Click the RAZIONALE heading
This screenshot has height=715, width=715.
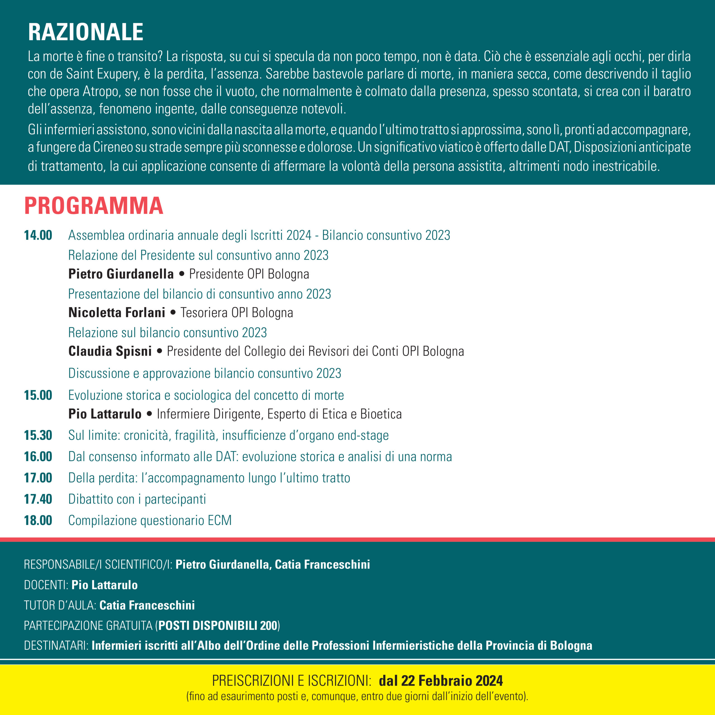pyautogui.click(x=85, y=32)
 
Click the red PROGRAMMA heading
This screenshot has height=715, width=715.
pyautogui.click(x=94, y=206)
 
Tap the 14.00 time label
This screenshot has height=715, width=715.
pyautogui.click(x=38, y=235)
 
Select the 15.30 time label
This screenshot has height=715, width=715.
pyautogui.click(x=38, y=435)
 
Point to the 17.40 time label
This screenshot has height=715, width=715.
pyautogui.click(x=38, y=499)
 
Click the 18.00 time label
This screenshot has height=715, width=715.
pyautogui.click(x=38, y=520)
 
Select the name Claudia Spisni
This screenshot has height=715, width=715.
pyautogui.click(x=110, y=351)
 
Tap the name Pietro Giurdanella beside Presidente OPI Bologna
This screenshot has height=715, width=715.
pyautogui.click(x=121, y=274)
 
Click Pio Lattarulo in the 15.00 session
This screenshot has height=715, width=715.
pyautogui.click(x=105, y=414)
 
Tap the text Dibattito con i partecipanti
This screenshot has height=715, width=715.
pyautogui.click(x=137, y=499)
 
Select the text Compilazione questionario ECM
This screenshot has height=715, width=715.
pyautogui.click(x=150, y=520)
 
